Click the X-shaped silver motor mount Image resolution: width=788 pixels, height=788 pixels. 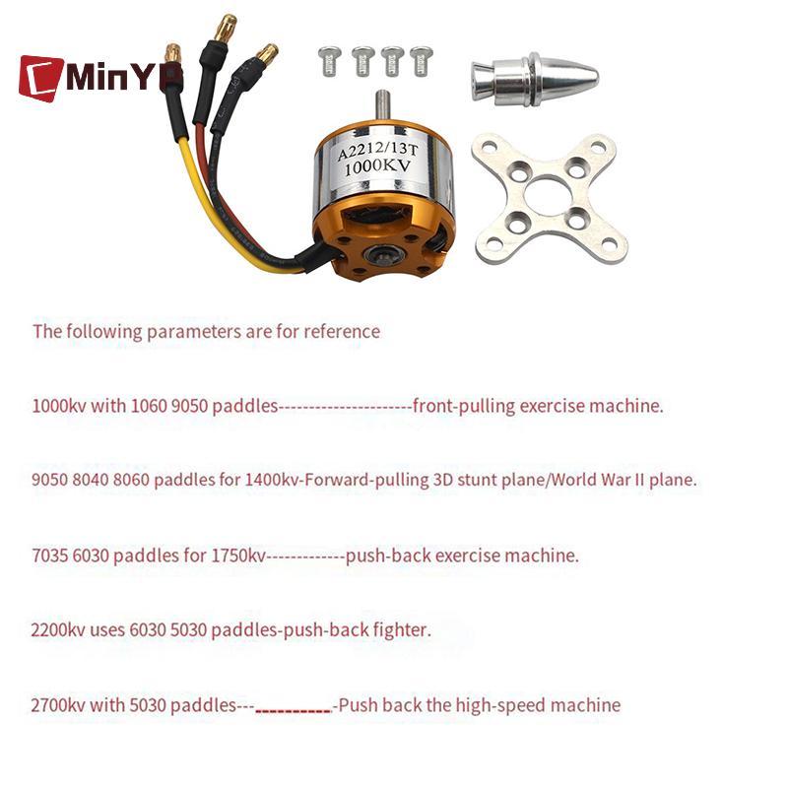(551, 198)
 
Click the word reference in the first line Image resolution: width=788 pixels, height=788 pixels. (341, 331)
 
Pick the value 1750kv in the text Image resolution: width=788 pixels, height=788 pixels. (238, 556)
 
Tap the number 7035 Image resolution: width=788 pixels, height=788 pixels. (50, 556)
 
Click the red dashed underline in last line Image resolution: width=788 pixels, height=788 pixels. (294, 710)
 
